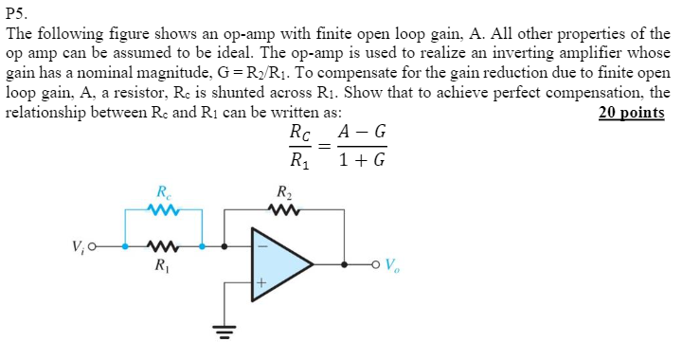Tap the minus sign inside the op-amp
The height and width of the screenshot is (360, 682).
(264, 244)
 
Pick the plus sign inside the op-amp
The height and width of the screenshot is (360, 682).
(264, 281)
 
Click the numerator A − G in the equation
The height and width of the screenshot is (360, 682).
(361, 133)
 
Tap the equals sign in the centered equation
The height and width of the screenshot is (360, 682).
(324, 148)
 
